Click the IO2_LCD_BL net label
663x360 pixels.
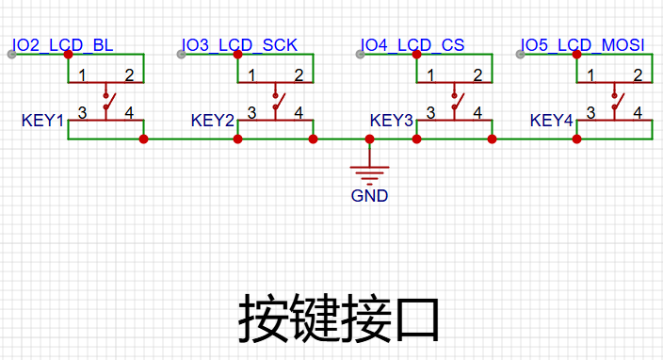[62, 45]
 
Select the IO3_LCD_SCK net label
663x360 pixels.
[239, 45]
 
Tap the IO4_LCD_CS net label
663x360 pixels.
[412, 45]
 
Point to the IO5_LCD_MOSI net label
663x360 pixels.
[582, 45]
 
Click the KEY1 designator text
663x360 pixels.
[42, 121]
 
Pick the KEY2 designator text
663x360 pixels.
[212, 121]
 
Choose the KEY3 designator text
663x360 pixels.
[391, 121]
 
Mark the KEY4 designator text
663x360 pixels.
[551, 121]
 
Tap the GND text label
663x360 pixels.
[369, 196]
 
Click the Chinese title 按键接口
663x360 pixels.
[339, 319]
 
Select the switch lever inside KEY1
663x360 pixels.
[109, 102]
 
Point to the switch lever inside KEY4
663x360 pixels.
[618, 102]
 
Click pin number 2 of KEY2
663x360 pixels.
[299, 75]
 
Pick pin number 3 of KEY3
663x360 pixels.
[430, 113]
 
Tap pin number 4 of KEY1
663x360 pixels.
[129, 113]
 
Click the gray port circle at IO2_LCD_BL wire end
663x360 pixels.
[12, 54]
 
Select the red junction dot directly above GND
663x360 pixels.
[369, 139]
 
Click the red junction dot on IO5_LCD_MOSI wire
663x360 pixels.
[576, 54]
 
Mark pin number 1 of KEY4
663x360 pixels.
[590, 75]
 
